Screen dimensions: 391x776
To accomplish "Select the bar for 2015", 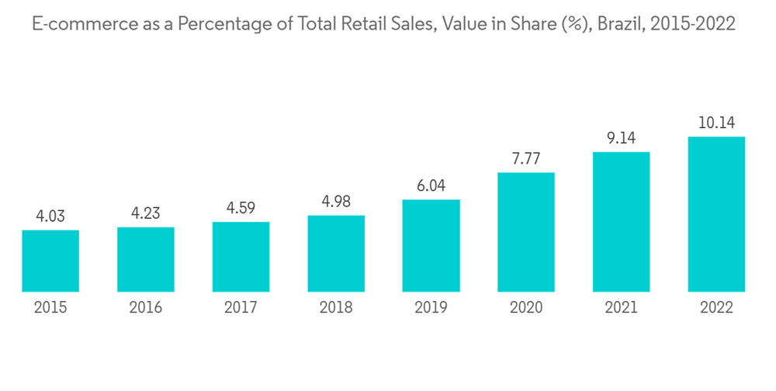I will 50,261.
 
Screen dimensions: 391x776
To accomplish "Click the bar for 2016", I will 146,259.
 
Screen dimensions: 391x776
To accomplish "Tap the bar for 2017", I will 241,257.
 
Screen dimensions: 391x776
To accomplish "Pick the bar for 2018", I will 336,254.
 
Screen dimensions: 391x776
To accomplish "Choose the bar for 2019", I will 431,246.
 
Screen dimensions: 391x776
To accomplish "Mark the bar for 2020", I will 526,232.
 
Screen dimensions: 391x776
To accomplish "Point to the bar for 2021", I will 622,222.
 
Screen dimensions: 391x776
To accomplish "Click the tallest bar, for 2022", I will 717,214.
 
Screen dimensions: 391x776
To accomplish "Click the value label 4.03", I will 50,216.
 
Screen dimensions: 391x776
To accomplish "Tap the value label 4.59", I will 241,208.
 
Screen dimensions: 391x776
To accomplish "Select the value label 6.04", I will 431,186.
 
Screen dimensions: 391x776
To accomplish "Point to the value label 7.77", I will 526,158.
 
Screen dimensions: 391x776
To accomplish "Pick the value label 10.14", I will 717,123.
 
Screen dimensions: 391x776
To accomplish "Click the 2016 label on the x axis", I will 146,308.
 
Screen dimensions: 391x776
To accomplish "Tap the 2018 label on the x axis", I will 336,308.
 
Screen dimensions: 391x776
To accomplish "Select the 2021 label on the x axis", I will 622,308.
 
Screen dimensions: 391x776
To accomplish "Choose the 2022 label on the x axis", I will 717,308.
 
